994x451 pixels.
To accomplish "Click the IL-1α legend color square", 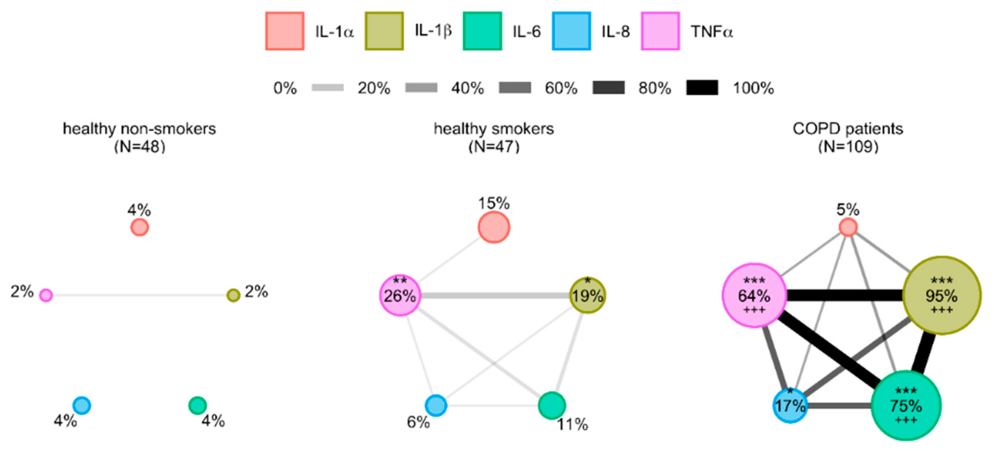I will coord(285,31).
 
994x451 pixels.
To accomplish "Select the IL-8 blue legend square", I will coord(571,31).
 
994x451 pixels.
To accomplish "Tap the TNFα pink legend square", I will coord(660,31).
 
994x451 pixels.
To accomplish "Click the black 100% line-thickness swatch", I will coord(702,88).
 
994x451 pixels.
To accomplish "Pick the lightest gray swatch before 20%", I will coord(328,88).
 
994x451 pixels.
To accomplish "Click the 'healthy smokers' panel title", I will coord(494,129).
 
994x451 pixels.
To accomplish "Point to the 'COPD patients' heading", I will coord(848,129).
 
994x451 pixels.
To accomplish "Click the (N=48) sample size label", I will coord(140,147).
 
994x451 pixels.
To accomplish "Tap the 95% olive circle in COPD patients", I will coord(942,296).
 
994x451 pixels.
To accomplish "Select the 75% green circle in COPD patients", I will coord(906,405).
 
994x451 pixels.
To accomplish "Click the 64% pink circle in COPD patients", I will coord(754,296).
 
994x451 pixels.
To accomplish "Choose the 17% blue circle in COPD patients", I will coord(790,405).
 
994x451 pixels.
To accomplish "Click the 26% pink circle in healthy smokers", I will coord(400,296).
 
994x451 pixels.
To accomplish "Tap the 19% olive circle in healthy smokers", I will coord(587,296).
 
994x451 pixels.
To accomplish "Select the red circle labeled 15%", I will coord(494,228).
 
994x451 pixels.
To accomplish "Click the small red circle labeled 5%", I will coord(848,228).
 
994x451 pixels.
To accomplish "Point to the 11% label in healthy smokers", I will coord(572,425).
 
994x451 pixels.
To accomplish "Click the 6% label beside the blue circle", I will coord(418,423).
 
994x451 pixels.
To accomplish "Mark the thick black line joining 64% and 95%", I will coord(845,296).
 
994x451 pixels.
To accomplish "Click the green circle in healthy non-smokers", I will coord(198,405).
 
